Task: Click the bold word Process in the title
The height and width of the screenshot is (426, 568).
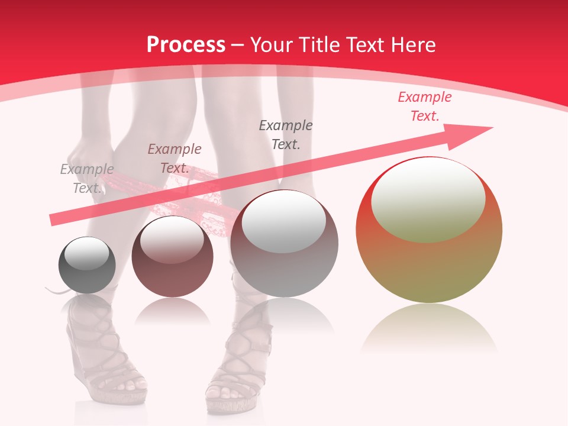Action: (x=186, y=44)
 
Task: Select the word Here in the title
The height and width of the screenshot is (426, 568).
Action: (x=414, y=44)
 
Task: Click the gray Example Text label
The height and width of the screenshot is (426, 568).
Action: (x=87, y=179)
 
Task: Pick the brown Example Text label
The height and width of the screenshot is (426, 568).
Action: (x=175, y=159)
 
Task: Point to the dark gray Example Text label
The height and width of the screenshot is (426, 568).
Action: (x=286, y=134)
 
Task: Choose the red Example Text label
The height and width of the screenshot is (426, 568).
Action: (x=424, y=106)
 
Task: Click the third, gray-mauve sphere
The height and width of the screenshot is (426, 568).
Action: (x=284, y=244)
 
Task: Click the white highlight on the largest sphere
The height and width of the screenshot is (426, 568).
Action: (x=428, y=198)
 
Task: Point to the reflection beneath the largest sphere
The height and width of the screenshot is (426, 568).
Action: (x=429, y=328)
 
